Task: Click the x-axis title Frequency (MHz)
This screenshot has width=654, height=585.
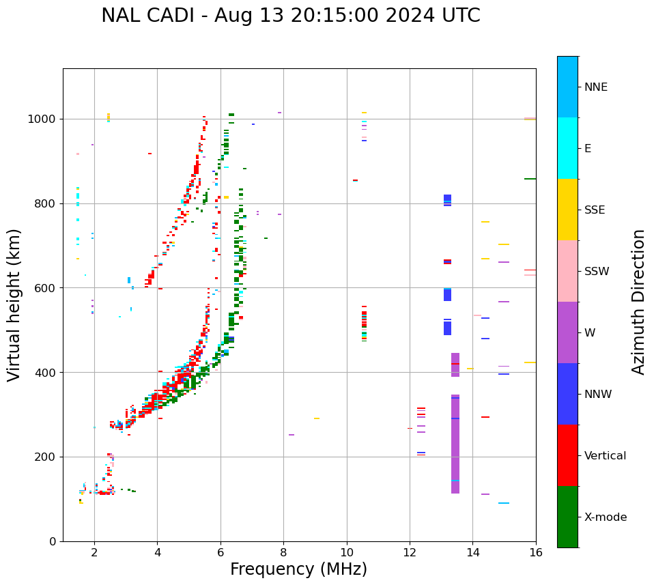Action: (298, 569)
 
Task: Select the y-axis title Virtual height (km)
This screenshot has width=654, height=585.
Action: (14, 304)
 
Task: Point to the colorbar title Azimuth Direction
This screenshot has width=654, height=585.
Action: (638, 302)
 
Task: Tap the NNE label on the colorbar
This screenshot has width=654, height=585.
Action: (595, 87)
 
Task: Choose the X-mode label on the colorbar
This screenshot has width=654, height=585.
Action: (605, 517)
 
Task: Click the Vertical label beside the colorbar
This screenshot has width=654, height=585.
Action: (605, 456)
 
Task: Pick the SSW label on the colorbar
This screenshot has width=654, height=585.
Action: (597, 272)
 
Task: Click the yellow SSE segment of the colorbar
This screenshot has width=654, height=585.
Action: (567, 210)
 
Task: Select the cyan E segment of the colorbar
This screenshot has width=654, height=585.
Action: (567, 148)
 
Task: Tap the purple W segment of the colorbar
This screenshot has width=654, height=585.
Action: (567, 332)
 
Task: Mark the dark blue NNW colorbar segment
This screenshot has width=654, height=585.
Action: (567, 394)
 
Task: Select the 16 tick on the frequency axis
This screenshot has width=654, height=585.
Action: (536, 552)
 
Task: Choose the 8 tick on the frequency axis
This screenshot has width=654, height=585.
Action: (283, 552)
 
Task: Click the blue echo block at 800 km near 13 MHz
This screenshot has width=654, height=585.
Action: (447, 200)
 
